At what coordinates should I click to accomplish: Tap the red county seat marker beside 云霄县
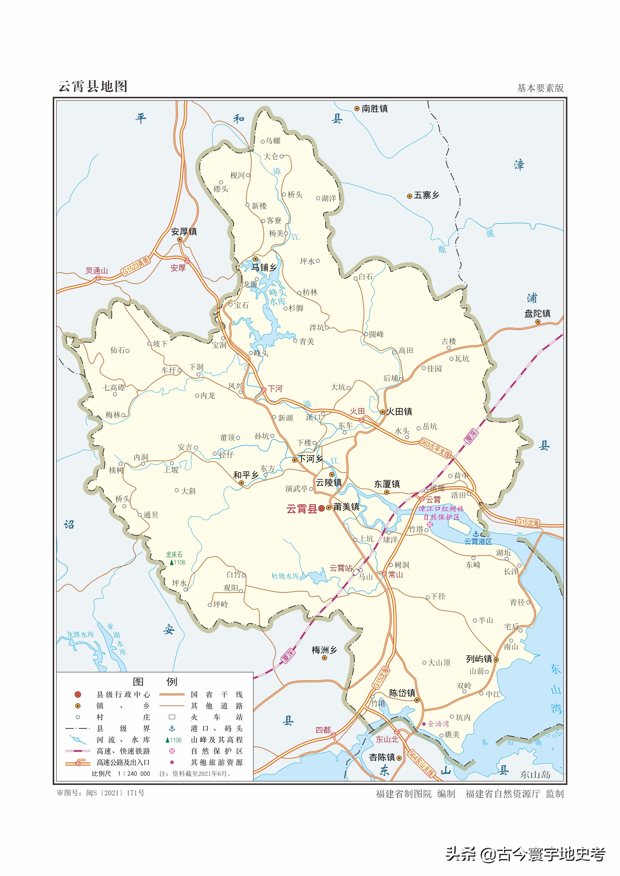click(321, 508)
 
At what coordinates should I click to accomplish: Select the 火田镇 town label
click(399, 411)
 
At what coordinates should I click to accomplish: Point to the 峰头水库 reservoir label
click(278, 297)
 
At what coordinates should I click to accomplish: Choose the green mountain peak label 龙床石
click(174, 554)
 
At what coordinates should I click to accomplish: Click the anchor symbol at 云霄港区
click(476, 534)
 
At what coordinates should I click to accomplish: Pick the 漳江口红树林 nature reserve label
click(441, 508)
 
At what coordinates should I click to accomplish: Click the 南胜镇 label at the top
click(375, 109)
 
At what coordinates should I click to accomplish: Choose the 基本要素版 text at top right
click(540, 88)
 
